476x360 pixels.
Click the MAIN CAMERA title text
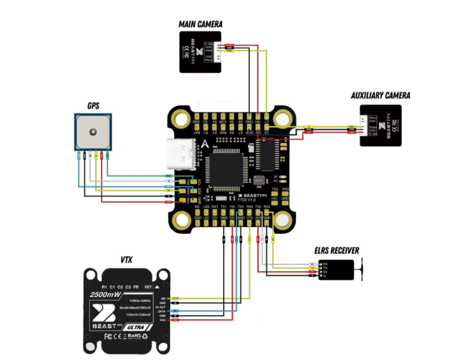(200, 24)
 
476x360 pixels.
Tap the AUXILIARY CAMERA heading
(380, 95)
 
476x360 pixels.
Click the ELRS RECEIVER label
(337, 250)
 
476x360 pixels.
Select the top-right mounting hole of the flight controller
(283, 119)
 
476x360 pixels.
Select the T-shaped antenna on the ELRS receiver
(362, 270)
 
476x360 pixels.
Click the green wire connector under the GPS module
(108, 156)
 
